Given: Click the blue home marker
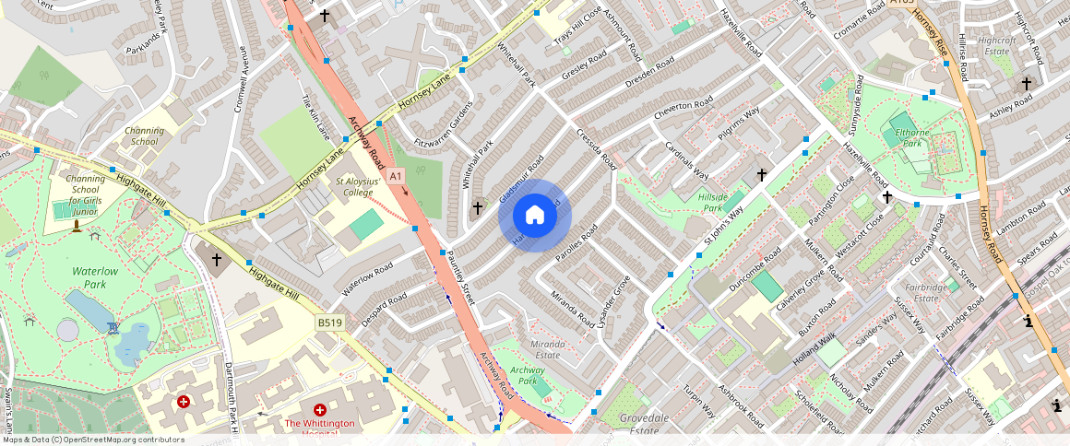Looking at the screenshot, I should pyautogui.click(x=535, y=216).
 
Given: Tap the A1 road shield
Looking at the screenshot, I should pyautogui.click(x=396, y=175).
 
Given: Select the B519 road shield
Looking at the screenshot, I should pyautogui.click(x=329, y=323).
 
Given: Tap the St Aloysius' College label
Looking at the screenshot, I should pyautogui.click(x=356, y=187).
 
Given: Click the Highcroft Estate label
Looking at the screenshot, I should pyautogui.click(x=996, y=46).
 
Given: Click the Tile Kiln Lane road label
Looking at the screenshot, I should pyautogui.click(x=315, y=117).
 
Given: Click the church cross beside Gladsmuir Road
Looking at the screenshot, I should pyautogui.click(x=477, y=208).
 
